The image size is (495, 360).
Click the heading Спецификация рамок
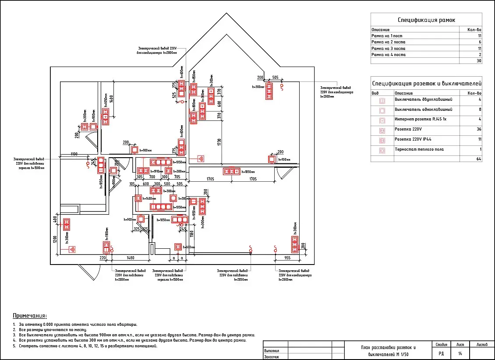[x=426, y=20]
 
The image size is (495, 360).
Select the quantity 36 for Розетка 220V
[x=479, y=129]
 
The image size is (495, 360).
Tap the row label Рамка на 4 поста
[x=389, y=55]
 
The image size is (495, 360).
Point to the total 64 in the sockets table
[x=479, y=159]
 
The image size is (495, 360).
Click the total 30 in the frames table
[x=479, y=61]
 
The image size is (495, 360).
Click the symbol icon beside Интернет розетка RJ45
[x=382, y=120]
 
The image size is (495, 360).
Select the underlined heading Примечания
[x=30, y=316]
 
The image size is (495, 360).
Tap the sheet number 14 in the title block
[x=460, y=353]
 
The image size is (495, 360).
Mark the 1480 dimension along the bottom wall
[x=130, y=258]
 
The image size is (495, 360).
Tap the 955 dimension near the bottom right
[x=287, y=258]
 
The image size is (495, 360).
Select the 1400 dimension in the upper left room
[x=112, y=99]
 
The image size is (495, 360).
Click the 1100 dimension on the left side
[x=74, y=154]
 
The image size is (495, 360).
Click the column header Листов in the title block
[x=482, y=345]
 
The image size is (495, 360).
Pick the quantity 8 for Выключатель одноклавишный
[x=480, y=109]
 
